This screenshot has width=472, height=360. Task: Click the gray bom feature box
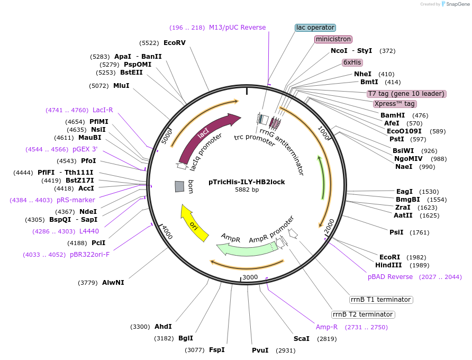(x=179, y=186)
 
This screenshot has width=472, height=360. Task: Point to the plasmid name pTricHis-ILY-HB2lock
(x=247, y=182)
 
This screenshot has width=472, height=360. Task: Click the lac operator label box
(x=315, y=28)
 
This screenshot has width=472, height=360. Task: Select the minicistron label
(x=333, y=39)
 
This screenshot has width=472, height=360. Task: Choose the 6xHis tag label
(x=352, y=62)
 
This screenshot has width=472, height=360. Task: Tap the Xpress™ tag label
(x=394, y=104)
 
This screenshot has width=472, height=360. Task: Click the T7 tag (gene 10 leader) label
(x=406, y=94)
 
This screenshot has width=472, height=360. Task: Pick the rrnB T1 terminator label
(x=381, y=300)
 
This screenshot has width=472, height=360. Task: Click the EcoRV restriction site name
(x=175, y=42)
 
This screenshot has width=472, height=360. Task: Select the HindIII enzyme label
(x=388, y=265)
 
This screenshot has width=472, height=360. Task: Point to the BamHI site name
(x=393, y=115)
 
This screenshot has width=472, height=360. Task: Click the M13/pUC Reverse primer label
(x=237, y=28)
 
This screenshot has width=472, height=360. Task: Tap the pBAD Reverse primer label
(x=390, y=277)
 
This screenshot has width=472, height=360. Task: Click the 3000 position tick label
(x=249, y=277)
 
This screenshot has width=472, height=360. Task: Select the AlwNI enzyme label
(x=113, y=282)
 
